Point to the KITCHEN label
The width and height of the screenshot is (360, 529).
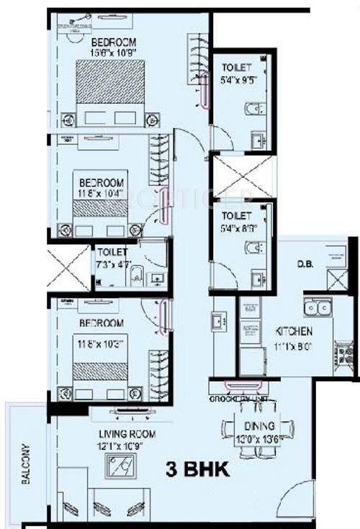294,332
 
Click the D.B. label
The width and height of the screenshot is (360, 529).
303,263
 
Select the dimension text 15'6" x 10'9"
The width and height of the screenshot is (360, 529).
112,52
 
